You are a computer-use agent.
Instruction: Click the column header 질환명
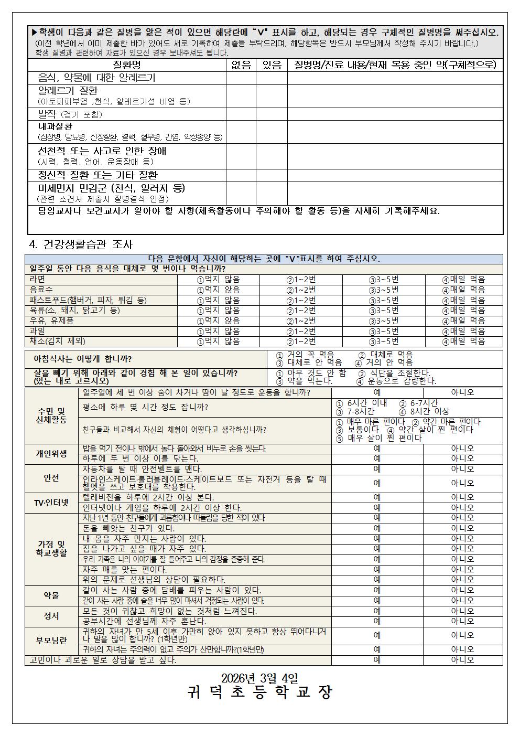tap(127, 65)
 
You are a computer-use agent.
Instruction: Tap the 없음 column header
tap(241, 65)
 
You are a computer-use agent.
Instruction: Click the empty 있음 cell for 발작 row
tap(271, 114)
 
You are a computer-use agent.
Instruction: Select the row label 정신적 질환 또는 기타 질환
tap(97, 175)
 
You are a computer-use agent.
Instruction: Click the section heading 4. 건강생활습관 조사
tap(81, 244)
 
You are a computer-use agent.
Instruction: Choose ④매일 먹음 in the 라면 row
tap(463, 280)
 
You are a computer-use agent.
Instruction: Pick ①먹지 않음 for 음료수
tap(218, 290)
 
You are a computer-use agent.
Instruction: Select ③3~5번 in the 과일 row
tap(384, 331)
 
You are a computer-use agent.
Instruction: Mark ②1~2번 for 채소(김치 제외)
tap(301, 341)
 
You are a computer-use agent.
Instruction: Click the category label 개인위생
tap(51, 454)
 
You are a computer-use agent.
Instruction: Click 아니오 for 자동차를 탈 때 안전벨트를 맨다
tap(462, 469)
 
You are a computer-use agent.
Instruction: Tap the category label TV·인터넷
tap(51, 503)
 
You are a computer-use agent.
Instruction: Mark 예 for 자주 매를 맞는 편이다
tap(377, 569)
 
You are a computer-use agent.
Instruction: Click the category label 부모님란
tap(51, 640)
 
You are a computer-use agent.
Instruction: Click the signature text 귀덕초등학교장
tap(259, 692)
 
